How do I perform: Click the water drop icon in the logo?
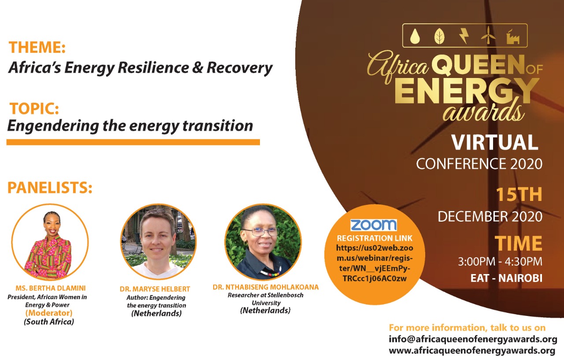coord(415,36)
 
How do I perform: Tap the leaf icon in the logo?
coord(439,36)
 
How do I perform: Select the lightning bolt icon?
coord(464,36)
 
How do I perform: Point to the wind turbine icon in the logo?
coord(488,35)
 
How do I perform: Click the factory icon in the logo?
coord(513,37)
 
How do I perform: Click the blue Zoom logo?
coord(374,225)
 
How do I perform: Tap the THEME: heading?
coord(37,47)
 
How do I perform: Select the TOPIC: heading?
coord(34,108)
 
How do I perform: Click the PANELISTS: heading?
coord(50,188)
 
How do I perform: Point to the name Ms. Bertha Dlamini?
coord(51,288)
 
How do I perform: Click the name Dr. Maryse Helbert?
coord(155,289)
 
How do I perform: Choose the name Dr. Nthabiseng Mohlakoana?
coord(266,287)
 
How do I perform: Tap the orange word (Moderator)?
coord(49,313)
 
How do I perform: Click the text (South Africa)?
coord(49,322)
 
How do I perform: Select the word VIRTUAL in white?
coord(494,142)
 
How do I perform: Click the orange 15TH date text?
coord(519,194)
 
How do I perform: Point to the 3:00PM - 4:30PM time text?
coord(500,262)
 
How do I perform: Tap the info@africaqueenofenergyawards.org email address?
coord(473,339)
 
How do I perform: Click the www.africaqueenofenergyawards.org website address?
coord(472,351)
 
